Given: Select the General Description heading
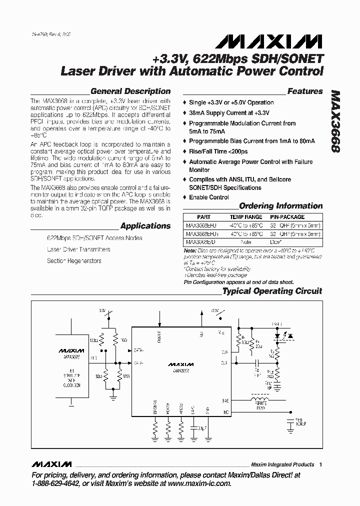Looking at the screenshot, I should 130,91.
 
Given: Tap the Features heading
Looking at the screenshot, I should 304,91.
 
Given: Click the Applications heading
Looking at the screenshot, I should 145,226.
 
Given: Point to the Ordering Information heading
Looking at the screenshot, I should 280,206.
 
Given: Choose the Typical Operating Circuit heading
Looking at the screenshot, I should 272,291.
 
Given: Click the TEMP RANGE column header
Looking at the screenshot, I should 245,217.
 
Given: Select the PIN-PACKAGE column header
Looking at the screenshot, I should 287,217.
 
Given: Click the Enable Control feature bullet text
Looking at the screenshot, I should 208,197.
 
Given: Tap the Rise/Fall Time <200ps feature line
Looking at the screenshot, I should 218,151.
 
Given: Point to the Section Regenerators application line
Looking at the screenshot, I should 74,261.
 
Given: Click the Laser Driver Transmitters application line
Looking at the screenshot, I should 78,249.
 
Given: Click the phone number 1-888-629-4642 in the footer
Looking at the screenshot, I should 55,483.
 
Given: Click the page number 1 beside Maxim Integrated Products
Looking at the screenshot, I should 320,464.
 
